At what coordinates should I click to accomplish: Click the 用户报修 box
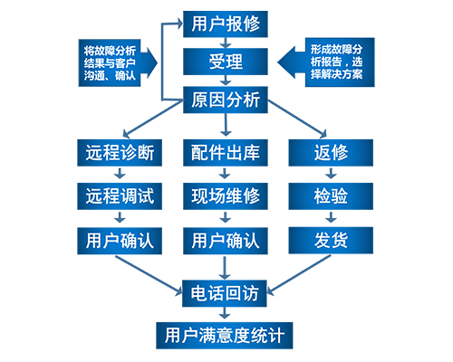(x=226, y=24)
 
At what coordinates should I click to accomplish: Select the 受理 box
(x=226, y=62)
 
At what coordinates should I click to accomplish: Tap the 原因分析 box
(x=226, y=100)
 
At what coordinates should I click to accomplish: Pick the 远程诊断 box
(x=120, y=153)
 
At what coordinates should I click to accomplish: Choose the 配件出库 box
(x=226, y=153)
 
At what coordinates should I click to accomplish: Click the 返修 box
(x=331, y=153)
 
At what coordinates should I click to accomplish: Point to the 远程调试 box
(x=120, y=196)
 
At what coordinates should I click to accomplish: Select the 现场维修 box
(x=226, y=196)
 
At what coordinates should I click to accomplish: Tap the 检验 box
(x=331, y=196)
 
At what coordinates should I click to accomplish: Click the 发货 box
(x=331, y=241)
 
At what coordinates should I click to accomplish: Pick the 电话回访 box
(x=225, y=293)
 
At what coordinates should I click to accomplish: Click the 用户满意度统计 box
(x=225, y=336)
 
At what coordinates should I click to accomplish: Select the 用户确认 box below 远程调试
(x=120, y=241)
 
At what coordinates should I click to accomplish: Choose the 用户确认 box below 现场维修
(x=226, y=241)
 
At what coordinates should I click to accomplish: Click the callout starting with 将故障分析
(x=118, y=62)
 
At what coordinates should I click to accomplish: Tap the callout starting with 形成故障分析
(x=326, y=62)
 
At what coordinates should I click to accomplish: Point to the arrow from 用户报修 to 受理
(x=226, y=43)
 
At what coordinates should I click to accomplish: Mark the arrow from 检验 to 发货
(x=331, y=217)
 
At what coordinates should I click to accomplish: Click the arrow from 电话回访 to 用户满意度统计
(x=225, y=313)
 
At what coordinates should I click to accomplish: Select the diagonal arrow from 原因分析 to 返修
(x=297, y=119)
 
